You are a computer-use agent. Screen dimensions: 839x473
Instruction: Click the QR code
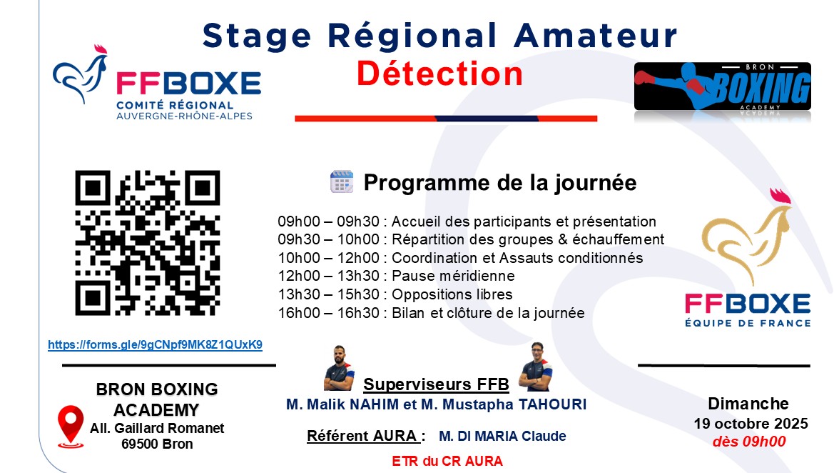[x=147, y=243]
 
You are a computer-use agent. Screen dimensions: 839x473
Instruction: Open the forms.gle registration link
[x=156, y=344]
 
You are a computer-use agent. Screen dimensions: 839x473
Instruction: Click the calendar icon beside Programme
[x=342, y=181]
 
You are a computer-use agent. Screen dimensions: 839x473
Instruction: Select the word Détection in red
[x=439, y=74]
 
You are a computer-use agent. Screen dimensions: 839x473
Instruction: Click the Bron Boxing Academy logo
[x=722, y=86]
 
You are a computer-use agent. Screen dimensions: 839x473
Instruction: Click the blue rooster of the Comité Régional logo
[x=81, y=74]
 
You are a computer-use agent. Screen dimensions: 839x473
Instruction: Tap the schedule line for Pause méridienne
[x=396, y=276]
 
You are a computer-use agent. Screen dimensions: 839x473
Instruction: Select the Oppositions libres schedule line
[x=395, y=294]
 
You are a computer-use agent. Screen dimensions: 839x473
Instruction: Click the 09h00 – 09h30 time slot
[x=328, y=221]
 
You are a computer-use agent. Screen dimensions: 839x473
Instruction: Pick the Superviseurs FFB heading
[x=436, y=384]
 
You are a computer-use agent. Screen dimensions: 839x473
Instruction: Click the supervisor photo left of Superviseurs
[x=339, y=368]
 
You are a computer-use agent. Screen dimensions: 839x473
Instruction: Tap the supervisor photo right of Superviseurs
[x=537, y=367]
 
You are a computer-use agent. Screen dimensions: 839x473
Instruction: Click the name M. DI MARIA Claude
[x=502, y=436]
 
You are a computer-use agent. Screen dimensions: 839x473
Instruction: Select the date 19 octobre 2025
[x=751, y=424]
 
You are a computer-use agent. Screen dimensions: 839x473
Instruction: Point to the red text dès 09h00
[x=749, y=442]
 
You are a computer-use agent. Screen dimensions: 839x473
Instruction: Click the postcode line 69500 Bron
[x=157, y=444]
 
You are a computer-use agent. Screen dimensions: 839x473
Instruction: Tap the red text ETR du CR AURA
[x=447, y=462]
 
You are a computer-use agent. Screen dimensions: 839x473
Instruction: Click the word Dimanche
[x=748, y=404]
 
